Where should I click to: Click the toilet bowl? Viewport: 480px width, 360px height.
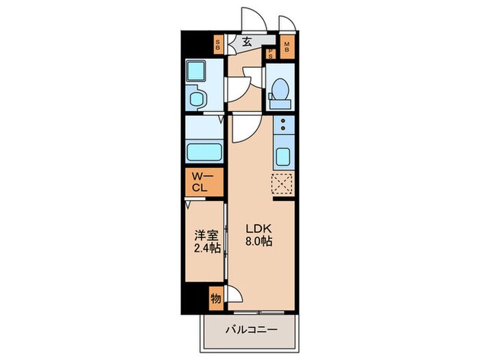pyautogui.click(x=279, y=90)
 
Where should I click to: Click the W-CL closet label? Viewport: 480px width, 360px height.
pyautogui.click(x=204, y=182)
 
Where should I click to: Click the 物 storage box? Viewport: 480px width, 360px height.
pyautogui.click(x=215, y=298)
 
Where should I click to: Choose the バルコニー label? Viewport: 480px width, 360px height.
pyautogui.click(x=252, y=331)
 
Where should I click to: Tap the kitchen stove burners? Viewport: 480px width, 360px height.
pyautogui.click(x=283, y=126)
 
